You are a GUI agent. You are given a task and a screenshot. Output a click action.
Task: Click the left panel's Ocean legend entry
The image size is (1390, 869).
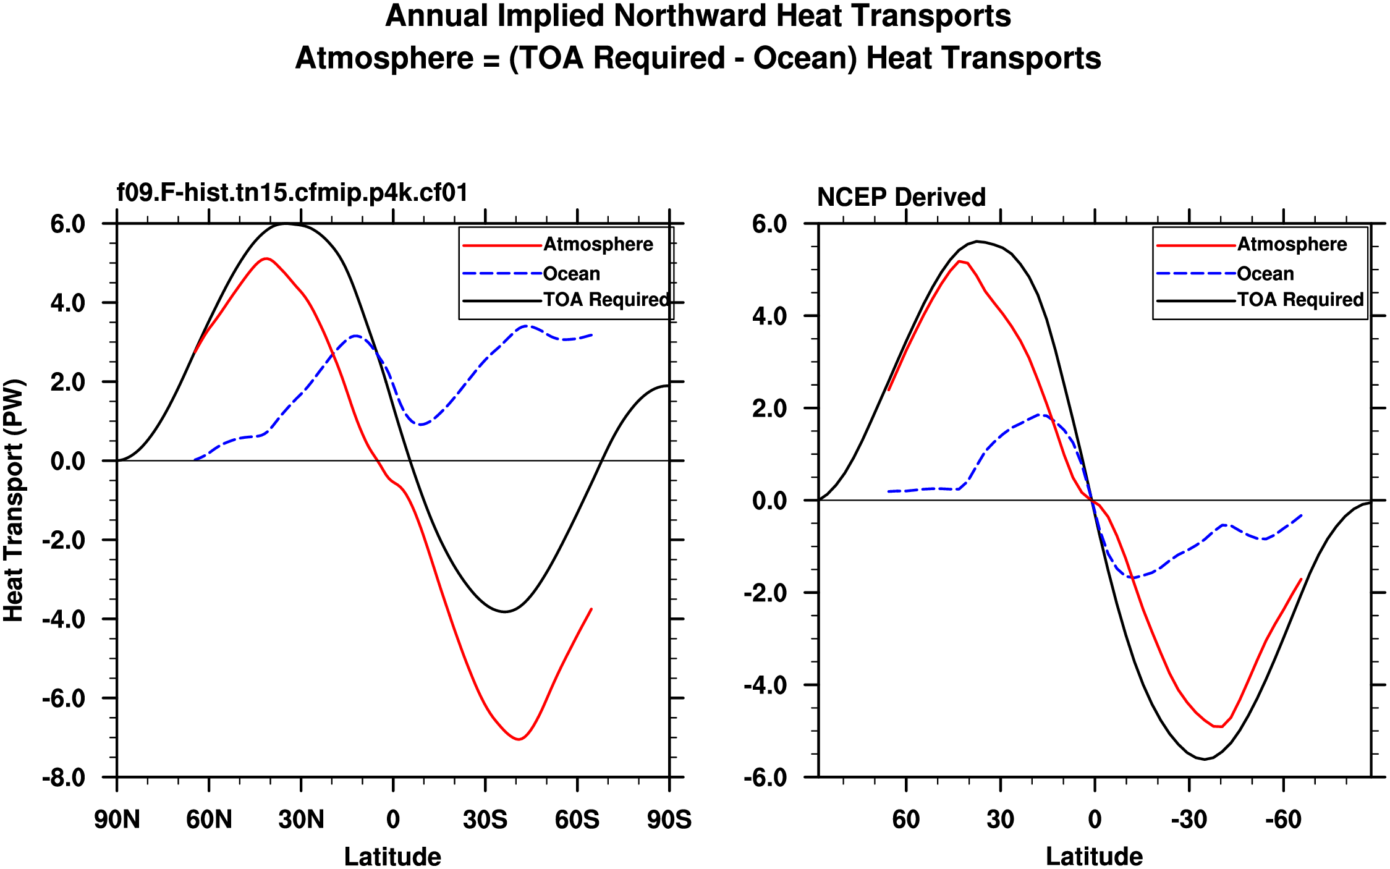point(571,274)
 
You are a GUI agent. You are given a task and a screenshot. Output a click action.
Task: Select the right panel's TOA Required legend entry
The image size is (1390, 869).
point(1300,300)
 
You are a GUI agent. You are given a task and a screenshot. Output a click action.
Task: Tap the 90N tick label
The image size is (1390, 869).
point(117,820)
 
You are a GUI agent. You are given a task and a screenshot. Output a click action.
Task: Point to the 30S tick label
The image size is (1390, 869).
point(485,820)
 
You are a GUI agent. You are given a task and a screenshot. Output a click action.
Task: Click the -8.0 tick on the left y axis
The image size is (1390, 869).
point(64,778)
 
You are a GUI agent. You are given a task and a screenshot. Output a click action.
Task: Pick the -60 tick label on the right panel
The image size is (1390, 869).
point(1283,820)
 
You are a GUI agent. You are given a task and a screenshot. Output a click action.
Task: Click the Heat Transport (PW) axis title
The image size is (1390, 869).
point(14,500)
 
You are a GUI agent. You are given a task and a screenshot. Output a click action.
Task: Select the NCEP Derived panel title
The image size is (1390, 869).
point(901,197)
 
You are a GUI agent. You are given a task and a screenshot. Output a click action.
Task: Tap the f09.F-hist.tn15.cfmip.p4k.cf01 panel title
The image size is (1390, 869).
point(292,193)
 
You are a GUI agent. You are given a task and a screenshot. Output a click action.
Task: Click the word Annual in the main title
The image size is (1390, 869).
point(436,16)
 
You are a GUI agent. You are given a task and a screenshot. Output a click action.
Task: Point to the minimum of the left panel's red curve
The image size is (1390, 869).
point(519,739)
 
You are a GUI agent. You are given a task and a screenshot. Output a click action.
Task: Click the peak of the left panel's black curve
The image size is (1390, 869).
point(285,224)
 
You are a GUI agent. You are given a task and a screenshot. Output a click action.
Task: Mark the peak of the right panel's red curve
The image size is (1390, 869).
point(959,261)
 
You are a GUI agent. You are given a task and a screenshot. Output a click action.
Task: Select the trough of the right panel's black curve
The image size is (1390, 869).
point(1204,759)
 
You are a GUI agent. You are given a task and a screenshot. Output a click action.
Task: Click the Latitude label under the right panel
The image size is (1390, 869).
point(1094,857)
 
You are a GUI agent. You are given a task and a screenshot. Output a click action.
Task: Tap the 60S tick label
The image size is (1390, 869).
point(577,820)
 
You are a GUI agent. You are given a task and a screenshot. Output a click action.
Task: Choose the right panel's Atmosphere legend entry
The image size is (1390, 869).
point(1292,245)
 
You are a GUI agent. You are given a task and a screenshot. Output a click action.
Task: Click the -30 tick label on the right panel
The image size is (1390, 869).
point(1189,820)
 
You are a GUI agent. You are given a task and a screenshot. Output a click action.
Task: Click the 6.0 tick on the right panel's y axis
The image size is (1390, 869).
point(769,224)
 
